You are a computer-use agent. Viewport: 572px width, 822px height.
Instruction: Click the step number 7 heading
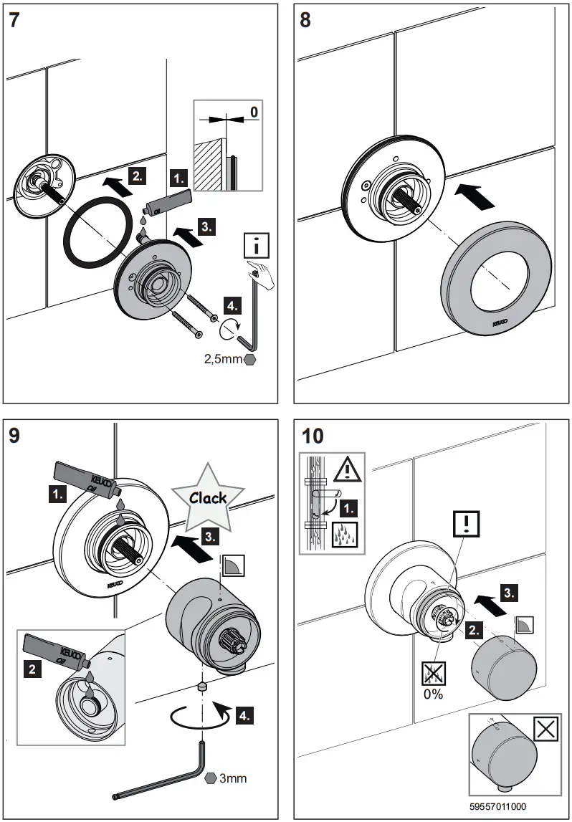point(14,19)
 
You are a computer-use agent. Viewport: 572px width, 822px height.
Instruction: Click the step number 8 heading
point(305,19)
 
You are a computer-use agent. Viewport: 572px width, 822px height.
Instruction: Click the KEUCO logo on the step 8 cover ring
point(500,324)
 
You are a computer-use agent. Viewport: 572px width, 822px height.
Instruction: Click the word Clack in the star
point(208,497)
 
